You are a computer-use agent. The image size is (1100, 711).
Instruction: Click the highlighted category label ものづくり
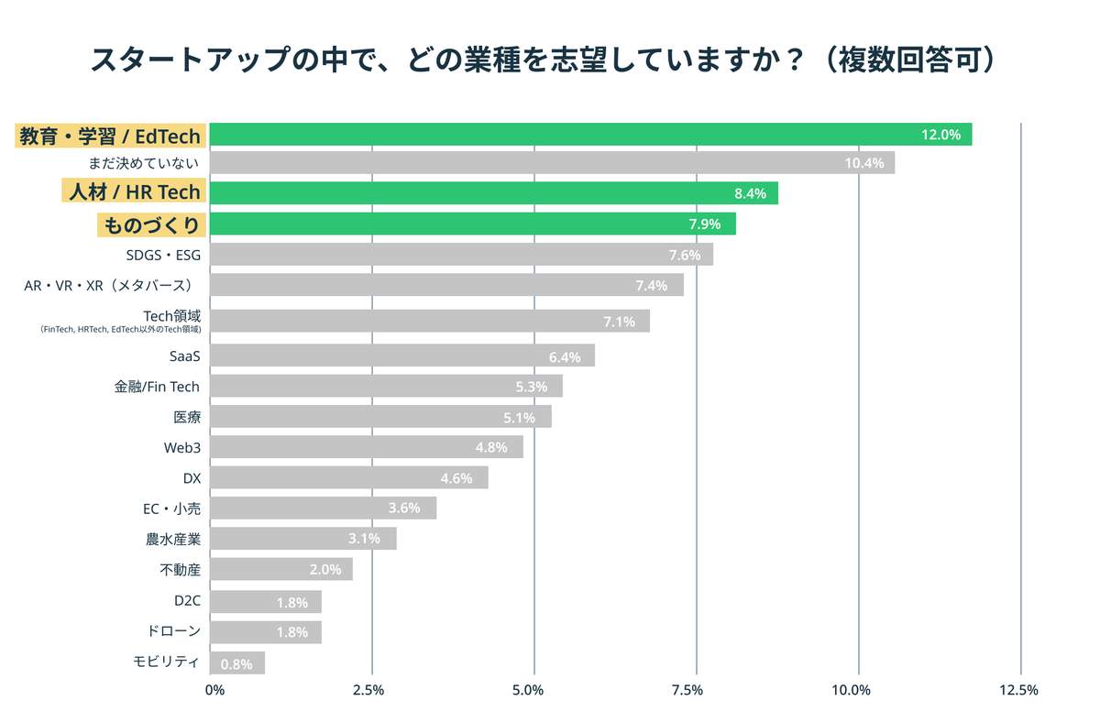coord(149,224)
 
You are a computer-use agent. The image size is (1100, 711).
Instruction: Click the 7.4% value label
coord(652,286)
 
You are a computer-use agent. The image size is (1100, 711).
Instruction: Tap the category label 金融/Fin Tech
coord(157,387)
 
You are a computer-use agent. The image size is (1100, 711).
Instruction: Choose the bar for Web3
coord(366,447)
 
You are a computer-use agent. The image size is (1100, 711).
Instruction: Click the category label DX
coord(192,478)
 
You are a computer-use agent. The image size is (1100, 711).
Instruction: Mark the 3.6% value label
coord(404,509)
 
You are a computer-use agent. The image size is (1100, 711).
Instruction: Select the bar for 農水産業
coord(302,539)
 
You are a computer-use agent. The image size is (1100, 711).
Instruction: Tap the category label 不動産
coord(180,570)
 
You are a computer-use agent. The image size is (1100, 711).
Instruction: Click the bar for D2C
coord(265,602)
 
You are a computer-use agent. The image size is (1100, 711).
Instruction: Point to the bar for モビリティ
coord(236,662)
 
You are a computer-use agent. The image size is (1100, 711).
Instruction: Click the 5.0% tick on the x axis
coord(534,690)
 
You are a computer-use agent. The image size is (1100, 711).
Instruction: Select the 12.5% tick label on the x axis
coord(1018,690)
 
